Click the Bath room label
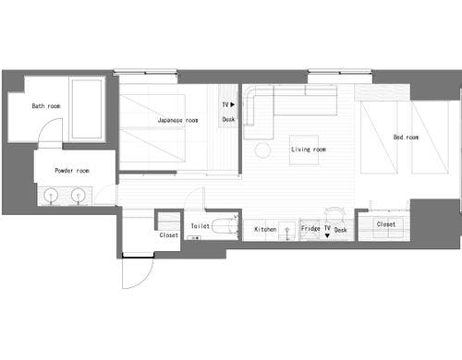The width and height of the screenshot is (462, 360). (46, 106)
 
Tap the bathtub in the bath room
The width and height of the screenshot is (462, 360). (87, 109)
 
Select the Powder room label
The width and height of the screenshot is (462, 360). (72, 171)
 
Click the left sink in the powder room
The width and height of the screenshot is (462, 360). (51, 196)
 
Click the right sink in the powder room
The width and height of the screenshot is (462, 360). (78, 196)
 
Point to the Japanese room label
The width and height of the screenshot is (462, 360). (177, 120)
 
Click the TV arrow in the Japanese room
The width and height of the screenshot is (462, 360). (233, 104)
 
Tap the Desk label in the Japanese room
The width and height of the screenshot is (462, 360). (228, 119)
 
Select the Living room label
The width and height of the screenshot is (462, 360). (309, 150)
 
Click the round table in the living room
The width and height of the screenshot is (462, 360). (262, 150)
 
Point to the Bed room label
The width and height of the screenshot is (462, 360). (406, 138)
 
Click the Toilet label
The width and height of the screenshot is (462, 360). (201, 226)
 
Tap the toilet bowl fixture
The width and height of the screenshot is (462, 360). (225, 227)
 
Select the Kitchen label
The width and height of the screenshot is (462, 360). (265, 229)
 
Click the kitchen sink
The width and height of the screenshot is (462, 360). (286, 231)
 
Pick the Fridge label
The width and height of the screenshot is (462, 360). (310, 228)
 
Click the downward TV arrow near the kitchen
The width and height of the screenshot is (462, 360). (327, 235)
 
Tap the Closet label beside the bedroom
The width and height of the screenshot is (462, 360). (386, 224)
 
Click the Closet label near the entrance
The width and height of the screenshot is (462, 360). (168, 235)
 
